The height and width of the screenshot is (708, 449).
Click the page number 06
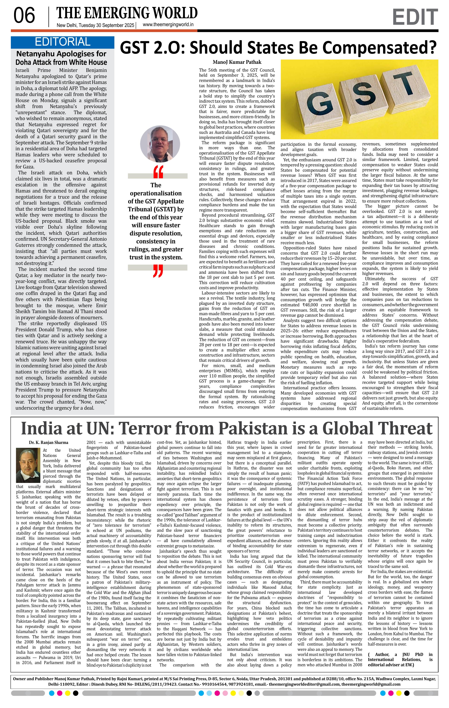pyautogui.click(x=24, y=16)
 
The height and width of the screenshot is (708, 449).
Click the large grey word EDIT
pyautogui.click(x=415, y=17)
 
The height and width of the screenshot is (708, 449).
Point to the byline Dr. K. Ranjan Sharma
pyautogui.click(x=48, y=443)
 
